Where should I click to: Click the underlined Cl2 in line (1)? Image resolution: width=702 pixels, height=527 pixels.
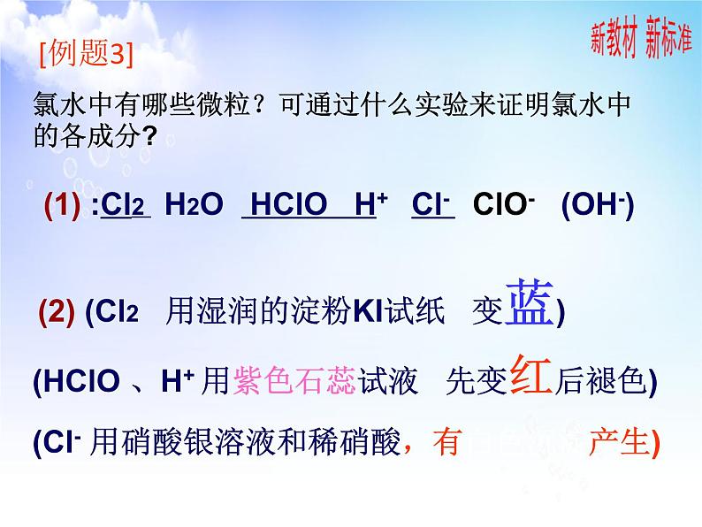126,205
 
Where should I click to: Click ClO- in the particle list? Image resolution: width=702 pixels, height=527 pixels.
502,204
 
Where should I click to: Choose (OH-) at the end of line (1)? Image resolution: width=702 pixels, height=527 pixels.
598,204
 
